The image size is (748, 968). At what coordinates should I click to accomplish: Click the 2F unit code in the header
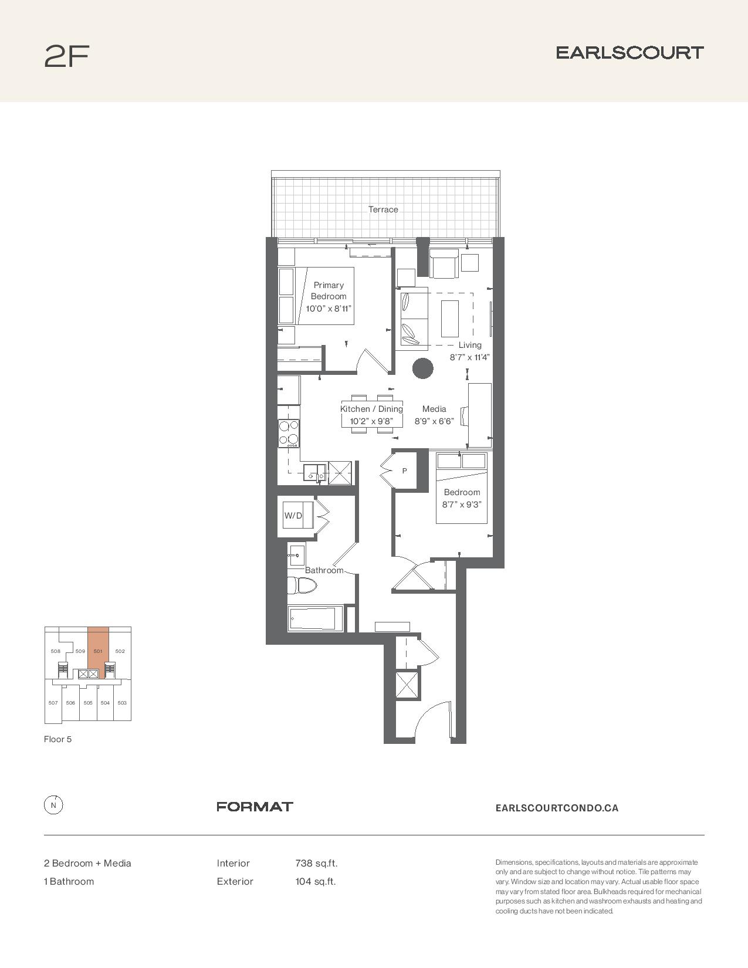[67, 56]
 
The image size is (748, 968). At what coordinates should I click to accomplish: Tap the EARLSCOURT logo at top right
[629, 53]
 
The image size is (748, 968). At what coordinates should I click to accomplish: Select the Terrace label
[383, 209]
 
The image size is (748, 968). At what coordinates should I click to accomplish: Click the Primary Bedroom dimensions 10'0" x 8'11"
[329, 308]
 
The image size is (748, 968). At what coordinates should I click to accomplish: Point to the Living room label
[470, 345]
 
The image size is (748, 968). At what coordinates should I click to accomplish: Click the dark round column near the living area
[423, 368]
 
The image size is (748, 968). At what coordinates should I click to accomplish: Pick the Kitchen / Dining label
[371, 409]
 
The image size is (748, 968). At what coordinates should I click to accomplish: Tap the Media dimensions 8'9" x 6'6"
[434, 421]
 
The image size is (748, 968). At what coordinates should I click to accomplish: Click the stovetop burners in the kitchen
[289, 434]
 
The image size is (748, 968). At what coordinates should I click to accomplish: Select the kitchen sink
[314, 473]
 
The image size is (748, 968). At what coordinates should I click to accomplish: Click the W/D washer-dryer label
[293, 516]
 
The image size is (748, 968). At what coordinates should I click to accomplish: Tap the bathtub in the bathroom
[316, 618]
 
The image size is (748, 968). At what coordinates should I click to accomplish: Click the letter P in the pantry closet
[405, 471]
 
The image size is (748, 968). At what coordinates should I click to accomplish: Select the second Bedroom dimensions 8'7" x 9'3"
[462, 505]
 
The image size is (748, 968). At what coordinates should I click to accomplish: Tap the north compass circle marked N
[53, 805]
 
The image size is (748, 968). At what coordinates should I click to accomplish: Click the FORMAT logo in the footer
[255, 807]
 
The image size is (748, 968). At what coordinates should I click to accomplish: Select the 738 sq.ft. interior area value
[316, 864]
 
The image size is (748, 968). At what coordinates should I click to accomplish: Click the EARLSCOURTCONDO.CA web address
[557, 808]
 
